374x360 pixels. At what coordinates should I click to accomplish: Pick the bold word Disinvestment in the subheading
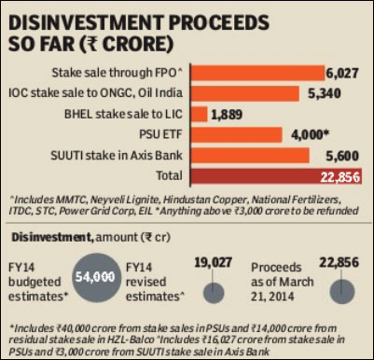coord(47,239)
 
